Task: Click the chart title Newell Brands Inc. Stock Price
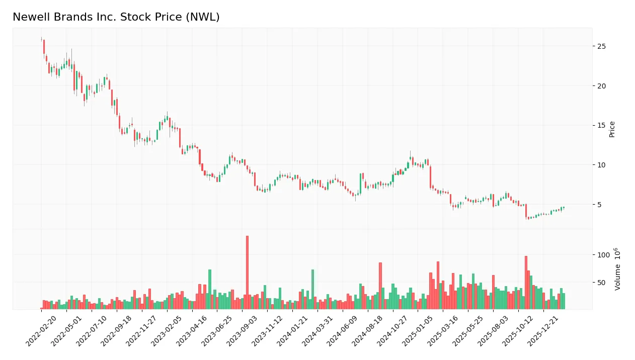coord(116,17)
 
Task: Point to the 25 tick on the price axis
coord(601,46)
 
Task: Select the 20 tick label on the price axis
coord(601,86)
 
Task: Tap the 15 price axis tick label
coord(601,125)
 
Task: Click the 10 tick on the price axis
coord(601,165)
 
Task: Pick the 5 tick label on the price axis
coord(599,204)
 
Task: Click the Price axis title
coord(612,129)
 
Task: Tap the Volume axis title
coord(617,269)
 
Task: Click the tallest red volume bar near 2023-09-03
coord(247,272)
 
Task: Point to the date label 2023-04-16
coord(192,332)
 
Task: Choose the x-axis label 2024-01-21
coord(292,332)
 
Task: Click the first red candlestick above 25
coord(44,46)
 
